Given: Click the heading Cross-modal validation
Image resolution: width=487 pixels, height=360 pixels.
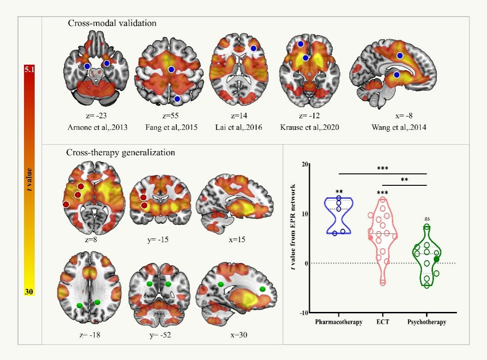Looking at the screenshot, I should click(111, 23).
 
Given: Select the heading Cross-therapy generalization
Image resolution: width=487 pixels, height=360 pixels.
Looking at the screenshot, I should click(120, 152).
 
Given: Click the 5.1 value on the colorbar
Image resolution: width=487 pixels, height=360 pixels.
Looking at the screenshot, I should click(30, 70).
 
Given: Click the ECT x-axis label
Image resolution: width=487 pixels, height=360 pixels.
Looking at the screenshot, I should click(383, 322).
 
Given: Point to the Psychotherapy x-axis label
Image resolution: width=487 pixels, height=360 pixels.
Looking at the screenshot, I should click(426, 322).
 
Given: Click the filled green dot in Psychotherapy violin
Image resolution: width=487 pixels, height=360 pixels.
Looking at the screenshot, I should click(436, 259).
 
